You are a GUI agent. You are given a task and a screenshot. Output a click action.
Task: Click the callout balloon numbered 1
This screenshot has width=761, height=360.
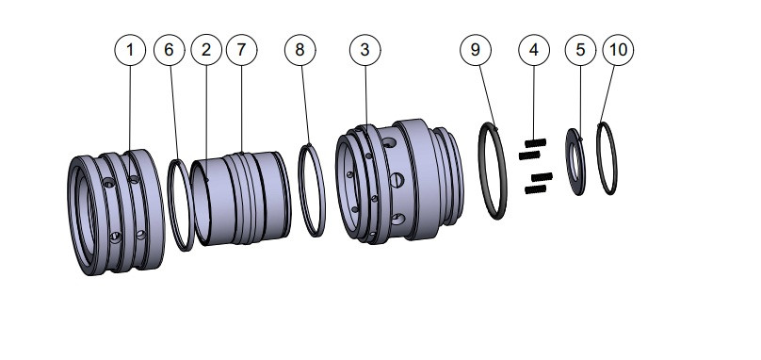[131, 49]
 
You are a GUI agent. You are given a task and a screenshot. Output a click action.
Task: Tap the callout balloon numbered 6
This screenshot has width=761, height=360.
[170, 49]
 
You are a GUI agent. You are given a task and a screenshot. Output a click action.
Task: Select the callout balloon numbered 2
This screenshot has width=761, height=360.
[206, 49]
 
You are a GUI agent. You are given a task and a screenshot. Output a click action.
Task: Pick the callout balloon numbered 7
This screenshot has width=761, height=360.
[241, 49]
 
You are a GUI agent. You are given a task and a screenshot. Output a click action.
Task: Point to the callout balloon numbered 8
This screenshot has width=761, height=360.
[300, 49]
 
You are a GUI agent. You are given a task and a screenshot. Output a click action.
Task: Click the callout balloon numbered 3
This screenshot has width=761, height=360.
[364, 49]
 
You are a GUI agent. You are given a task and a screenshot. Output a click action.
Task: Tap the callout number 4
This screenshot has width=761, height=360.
[533, 49]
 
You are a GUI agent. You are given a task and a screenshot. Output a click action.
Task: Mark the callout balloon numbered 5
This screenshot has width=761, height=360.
[580, 49]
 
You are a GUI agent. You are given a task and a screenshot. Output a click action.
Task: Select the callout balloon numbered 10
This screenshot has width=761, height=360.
[618, 49]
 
